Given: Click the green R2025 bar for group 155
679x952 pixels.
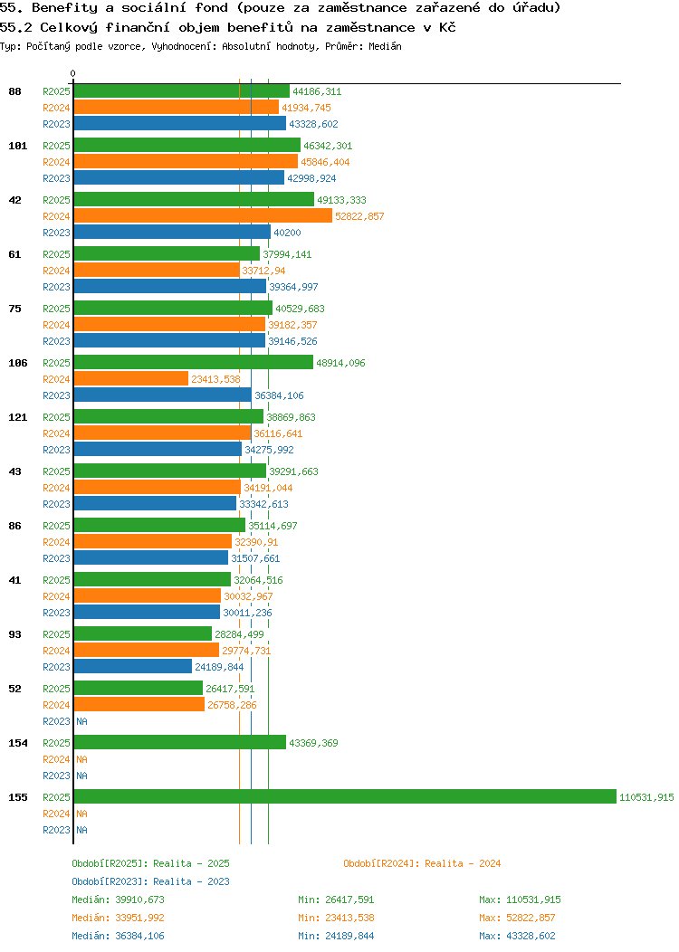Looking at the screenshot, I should tap(344, 797).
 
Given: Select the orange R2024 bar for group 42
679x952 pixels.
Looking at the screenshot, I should tap(203, 216).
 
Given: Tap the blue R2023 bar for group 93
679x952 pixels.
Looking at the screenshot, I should tap(132, 667).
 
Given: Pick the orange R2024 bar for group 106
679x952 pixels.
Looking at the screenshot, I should tap(130, 379).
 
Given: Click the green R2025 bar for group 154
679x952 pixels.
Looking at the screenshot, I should tap(179, 743).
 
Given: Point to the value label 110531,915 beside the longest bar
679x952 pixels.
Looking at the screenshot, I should tap(646, 797).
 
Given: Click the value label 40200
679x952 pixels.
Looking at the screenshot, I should tap(287, 233).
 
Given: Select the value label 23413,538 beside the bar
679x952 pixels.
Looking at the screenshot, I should tap(215, 379).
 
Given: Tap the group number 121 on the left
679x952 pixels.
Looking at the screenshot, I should tap(17, 417).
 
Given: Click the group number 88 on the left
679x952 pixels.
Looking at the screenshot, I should tap(14, 91).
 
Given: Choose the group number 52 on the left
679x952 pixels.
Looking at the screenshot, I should tap(14, 689).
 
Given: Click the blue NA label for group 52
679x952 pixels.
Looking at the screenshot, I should tap(81, 721).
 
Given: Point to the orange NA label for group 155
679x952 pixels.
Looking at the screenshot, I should tap(81, 814).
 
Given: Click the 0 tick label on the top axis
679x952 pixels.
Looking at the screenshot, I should tap(73, 73).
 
